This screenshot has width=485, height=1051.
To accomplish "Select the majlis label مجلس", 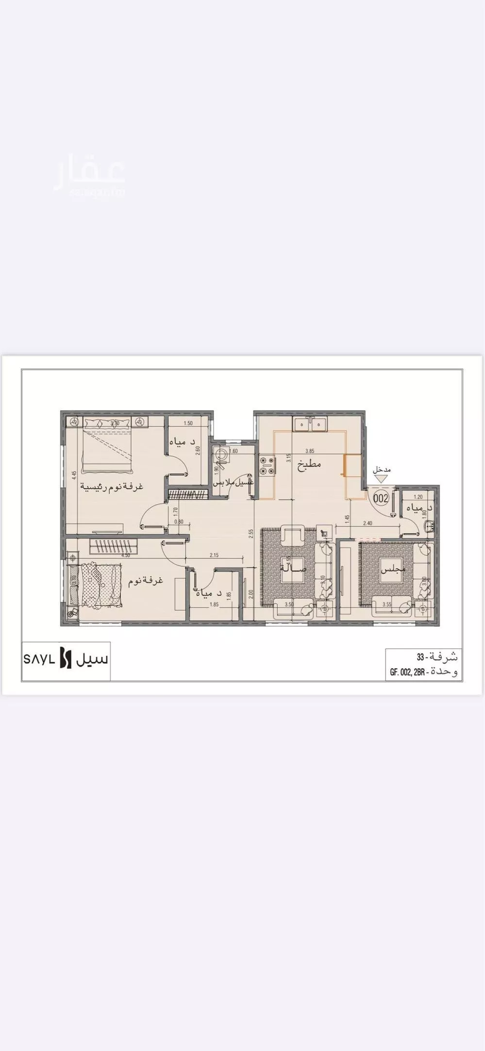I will click(x=393, y=570).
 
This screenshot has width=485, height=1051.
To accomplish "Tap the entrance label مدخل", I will click(x=382, y=470).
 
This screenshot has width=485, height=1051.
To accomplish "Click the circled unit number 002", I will click(x=381, y=498).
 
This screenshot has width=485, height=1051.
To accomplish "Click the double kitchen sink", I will click(x=311, y=424).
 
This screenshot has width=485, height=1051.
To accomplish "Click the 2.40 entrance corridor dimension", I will click(x=367, y=523).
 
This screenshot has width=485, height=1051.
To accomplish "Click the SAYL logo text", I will click(x=39, y=660).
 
